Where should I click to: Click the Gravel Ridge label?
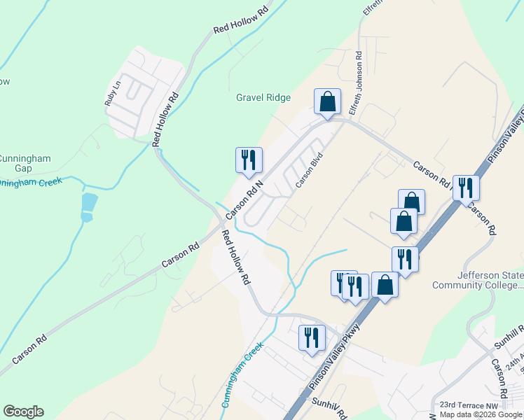coord(263,98)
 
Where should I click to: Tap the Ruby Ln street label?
coord(113,93)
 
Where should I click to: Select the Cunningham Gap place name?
coord(25,163)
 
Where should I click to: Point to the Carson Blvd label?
coord(308,170)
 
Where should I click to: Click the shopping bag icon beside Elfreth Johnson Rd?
coord(327,101)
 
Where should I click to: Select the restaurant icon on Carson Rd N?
coord(249,160)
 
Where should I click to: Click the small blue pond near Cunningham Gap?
coord(87,206)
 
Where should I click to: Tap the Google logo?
coord(23,412)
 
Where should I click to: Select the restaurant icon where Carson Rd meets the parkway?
coord(466,188)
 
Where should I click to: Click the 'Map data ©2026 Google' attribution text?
coord(481,414)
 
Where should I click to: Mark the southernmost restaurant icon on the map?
coord(310,337)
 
